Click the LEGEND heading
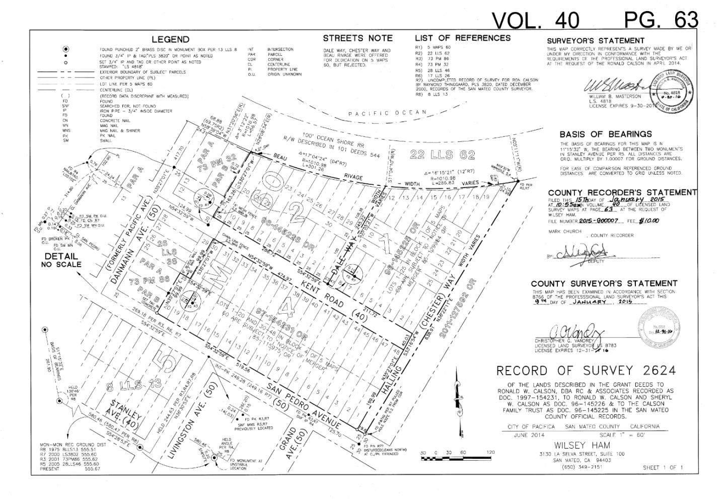171,39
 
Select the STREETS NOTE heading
357,38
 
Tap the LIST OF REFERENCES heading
462,38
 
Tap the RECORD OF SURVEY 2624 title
586,371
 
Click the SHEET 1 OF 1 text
663,468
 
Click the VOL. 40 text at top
535,20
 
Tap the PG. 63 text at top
661,20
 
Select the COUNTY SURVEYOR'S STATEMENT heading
604,284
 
